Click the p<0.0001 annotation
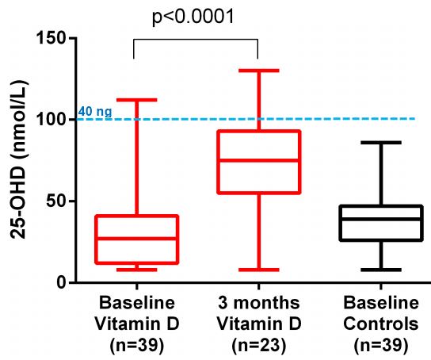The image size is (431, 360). click(x=193, y=17)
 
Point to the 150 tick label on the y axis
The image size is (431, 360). click(x=51, y=38)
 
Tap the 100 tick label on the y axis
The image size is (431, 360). click(x=51, y=119)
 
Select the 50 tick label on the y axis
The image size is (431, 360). click(x=56, y=201)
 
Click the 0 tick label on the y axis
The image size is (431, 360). click(x=62, y=282)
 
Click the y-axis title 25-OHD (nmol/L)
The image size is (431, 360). click(x=18, y=160)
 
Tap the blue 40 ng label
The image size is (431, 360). click(x=95, y=112)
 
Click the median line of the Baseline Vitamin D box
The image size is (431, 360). click(x=137, y=238)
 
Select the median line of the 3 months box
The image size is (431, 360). click(x=258, y=160)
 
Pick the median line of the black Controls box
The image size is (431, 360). click(x=381, y=219)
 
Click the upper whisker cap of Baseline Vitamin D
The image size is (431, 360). click(x=137, y=100)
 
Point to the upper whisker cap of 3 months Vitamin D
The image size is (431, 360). click(x=258, y=71)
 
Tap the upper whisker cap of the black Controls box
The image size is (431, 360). click(x=381, y=143)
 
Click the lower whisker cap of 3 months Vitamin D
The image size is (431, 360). click(x=258, y=270)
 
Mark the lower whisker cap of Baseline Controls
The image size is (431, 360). click(x=381, y=270)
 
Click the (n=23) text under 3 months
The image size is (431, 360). click(x=259, y=345)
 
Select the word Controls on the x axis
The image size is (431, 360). click(x=381, y=324)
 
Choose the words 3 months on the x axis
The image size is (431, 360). click(x=259, y=303)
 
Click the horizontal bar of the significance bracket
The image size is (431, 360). click(x=196, y=40)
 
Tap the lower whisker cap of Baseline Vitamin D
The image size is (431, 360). click(x=137, y=270)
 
